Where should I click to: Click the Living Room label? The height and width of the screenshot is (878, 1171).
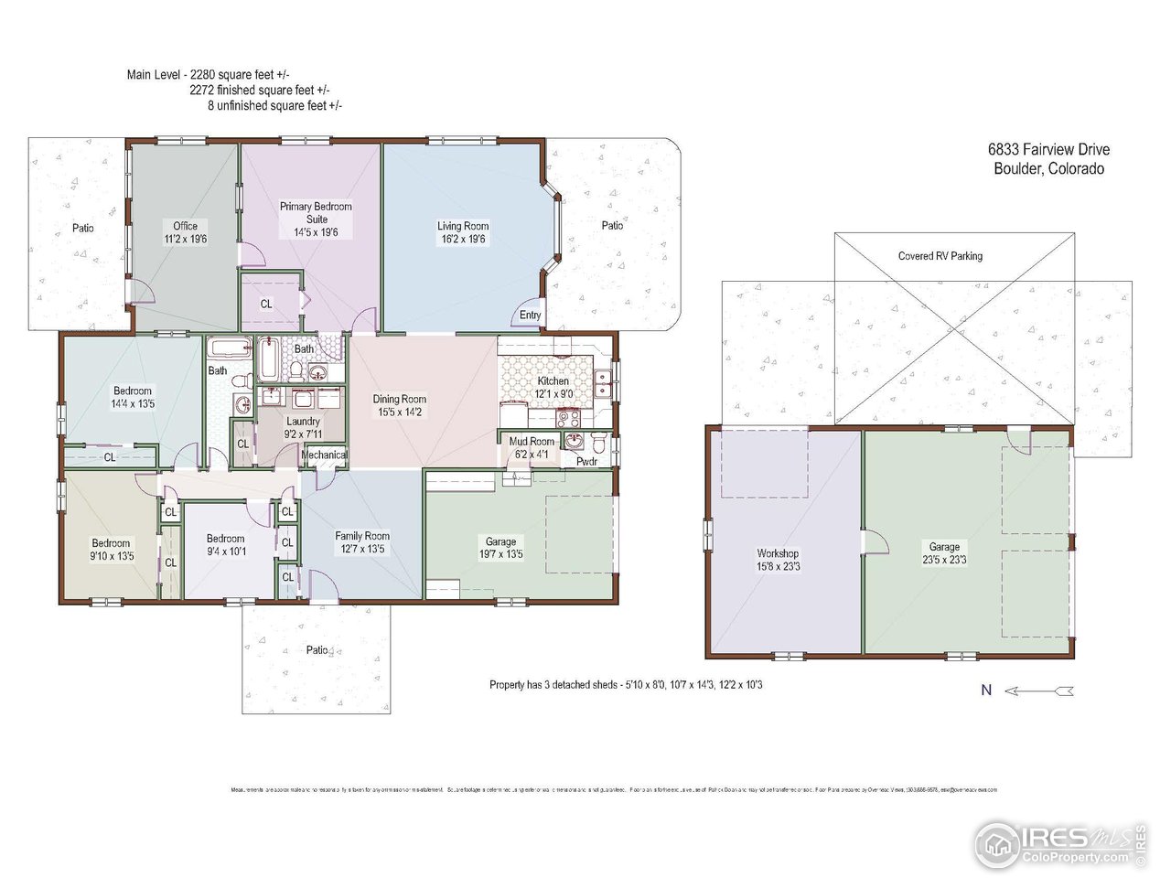point(463,226)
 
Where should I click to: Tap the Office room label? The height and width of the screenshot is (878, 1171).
point(185,226)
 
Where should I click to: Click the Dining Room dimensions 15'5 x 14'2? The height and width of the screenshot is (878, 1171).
point(399,412)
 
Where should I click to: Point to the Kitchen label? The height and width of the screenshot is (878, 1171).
point(553,380)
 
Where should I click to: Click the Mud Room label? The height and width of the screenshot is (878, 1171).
point(531,442)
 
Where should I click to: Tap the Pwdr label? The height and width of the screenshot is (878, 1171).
point(586,462)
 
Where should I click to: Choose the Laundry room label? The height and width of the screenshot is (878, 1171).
point(303,422)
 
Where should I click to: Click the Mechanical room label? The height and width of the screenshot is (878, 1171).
point(324,455)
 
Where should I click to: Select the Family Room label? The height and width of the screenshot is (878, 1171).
point(362,536)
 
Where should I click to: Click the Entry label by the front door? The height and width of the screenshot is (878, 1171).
point(531,315)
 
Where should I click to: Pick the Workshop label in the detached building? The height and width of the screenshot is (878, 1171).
point(778,553)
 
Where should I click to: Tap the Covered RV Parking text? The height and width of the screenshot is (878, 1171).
point(940,256)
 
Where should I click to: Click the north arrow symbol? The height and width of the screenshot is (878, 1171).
point(1039,691)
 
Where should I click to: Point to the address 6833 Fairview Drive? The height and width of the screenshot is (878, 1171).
point(1048,150)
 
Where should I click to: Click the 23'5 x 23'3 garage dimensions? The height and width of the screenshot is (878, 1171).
point(944,560)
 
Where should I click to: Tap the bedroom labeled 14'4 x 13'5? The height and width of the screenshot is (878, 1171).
point(133,397)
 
